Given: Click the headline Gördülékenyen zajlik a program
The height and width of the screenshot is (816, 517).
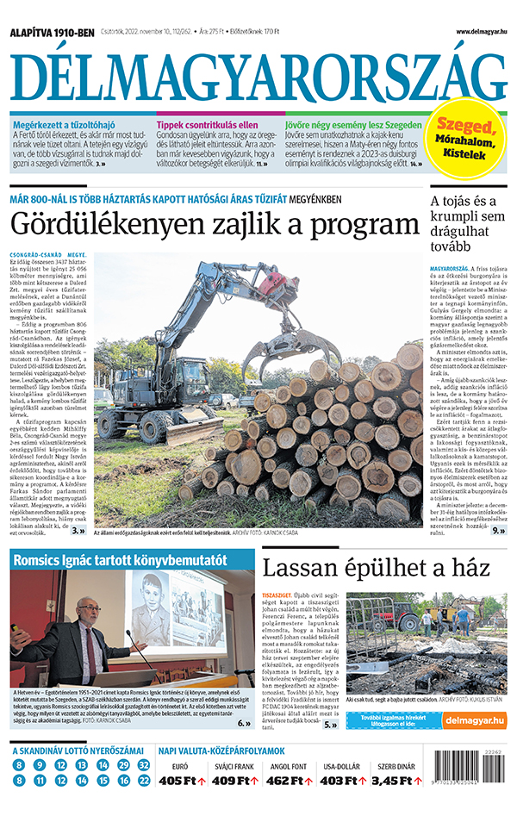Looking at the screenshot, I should (214, 226).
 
